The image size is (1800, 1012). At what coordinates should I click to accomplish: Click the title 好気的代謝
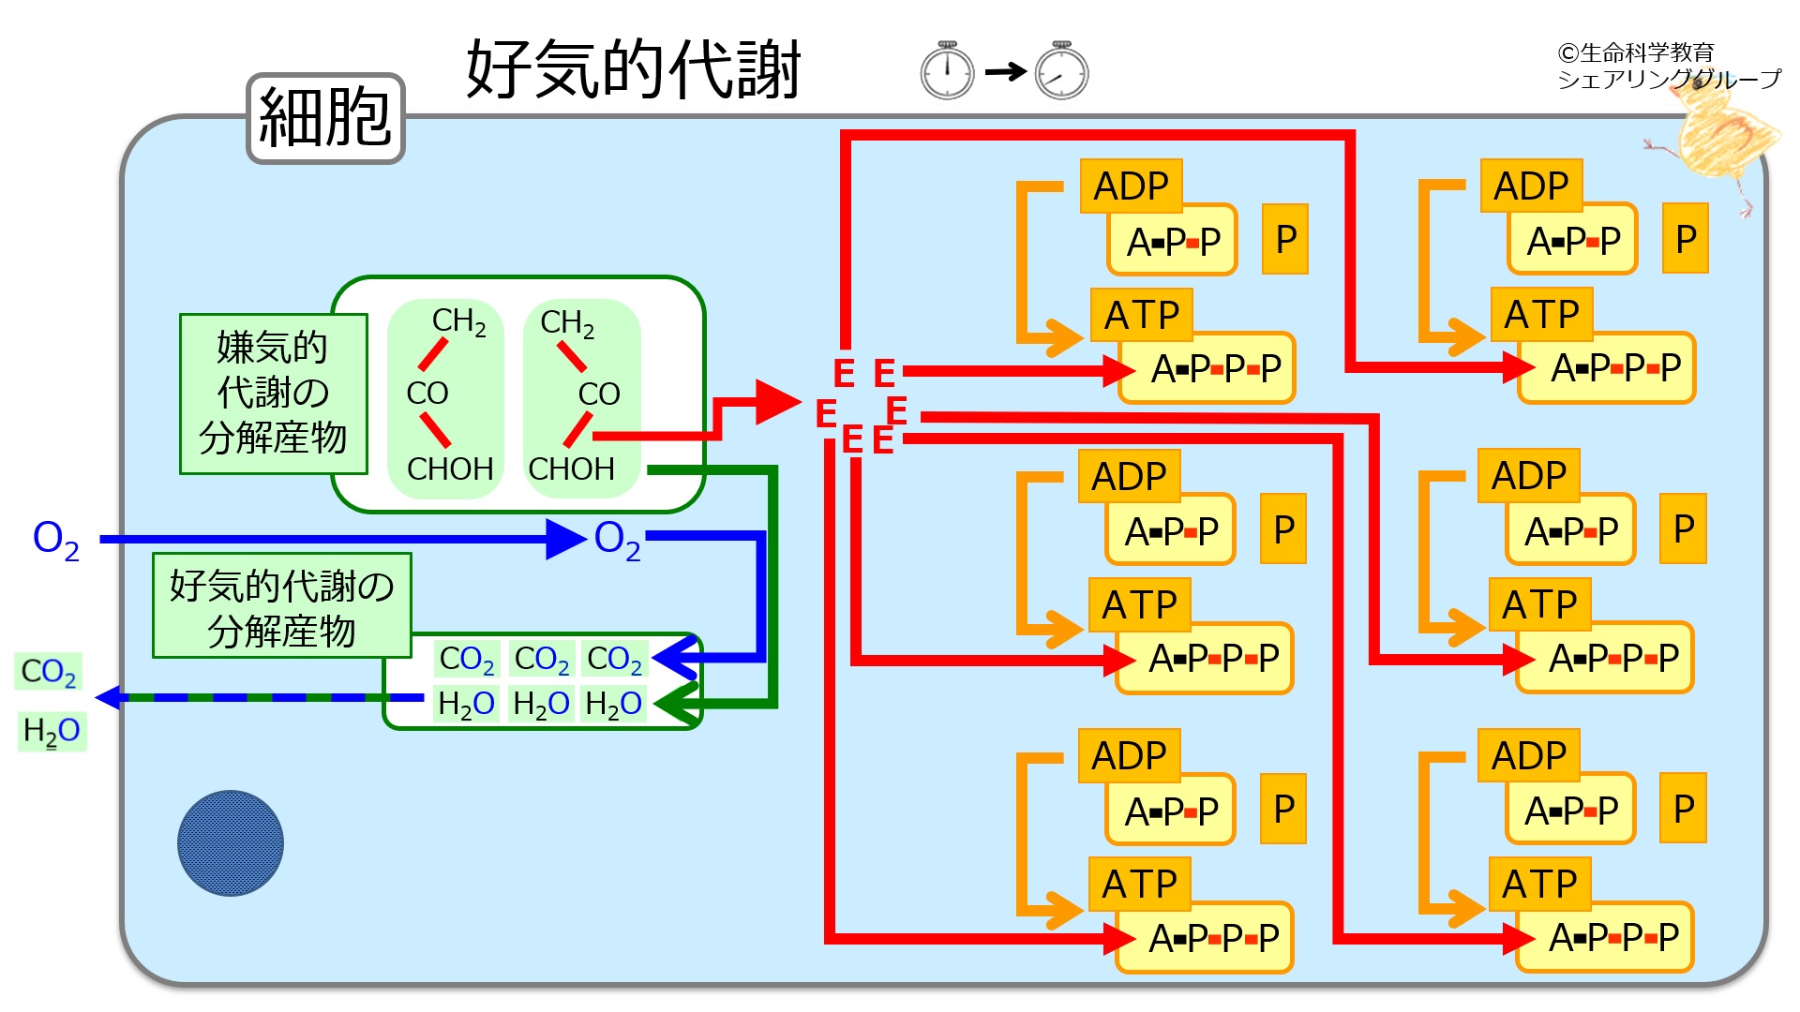(634, 69)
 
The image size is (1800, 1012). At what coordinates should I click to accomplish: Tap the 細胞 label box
(324, 118)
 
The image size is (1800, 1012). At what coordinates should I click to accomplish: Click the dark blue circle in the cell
(231, 843)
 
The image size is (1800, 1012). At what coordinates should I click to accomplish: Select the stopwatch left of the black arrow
(947, 71)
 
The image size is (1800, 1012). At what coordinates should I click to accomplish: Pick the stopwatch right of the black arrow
(1061, 71)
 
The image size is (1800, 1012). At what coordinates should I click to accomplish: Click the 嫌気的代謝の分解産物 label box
(273, 394)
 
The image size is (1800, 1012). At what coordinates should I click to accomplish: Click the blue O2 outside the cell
(55, 540)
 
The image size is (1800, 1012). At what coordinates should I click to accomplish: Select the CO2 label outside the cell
(49, 672)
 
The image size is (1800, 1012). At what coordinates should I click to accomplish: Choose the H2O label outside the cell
(52, 731)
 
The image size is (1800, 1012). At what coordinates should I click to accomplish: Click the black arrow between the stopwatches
(1005, 71)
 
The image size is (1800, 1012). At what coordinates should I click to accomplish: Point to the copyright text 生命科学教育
(1636, 52)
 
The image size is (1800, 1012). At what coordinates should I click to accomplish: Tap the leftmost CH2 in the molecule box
(458, 321)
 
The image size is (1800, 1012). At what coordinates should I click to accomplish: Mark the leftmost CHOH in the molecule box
(450, 469)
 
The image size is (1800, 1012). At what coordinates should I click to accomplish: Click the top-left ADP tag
(1131, 186)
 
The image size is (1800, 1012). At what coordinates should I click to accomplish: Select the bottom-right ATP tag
(1539, 884)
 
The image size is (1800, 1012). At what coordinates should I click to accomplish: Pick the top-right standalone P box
(1685, 239)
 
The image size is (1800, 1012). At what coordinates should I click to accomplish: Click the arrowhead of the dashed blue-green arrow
(107, 697)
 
